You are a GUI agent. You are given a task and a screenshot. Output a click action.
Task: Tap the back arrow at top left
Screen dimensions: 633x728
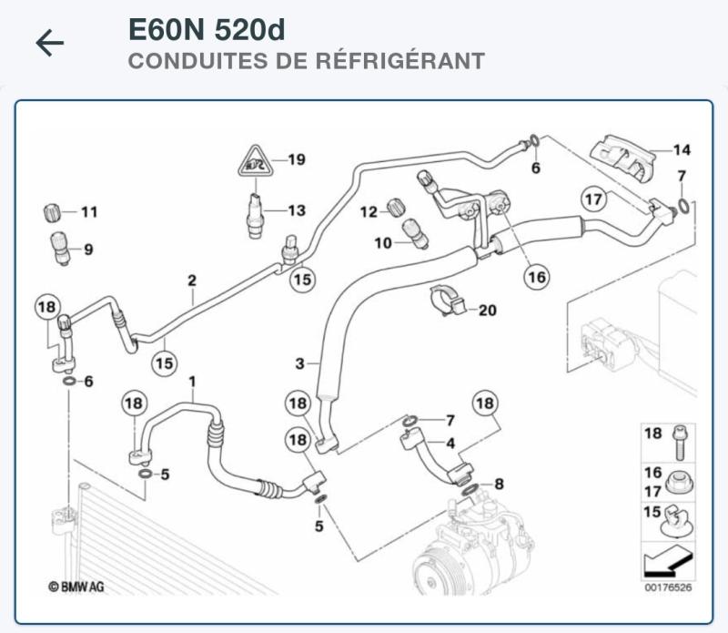coord(50,43)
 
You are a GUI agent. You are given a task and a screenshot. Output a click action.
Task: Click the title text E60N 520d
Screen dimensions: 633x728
coord(207,30)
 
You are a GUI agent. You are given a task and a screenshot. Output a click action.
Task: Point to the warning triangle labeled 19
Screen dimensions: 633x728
coord(256,163)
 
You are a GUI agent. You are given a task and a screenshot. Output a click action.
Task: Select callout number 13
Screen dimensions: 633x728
coord(297,210)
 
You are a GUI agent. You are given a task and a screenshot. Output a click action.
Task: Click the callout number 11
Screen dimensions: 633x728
coord(88,212)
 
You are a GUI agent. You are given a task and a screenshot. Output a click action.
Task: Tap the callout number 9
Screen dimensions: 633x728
coord(88,249)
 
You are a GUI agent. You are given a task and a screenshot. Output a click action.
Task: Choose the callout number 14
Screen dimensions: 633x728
coord(682,149)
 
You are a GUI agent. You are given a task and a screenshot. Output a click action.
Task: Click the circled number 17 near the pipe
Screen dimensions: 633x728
coord(593,199)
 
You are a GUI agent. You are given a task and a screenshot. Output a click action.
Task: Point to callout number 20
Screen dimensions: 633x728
coord(488,311)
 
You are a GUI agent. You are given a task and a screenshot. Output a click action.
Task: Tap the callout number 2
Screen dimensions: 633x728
coord(192,281)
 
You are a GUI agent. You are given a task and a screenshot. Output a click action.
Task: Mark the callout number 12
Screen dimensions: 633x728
coord(368,212)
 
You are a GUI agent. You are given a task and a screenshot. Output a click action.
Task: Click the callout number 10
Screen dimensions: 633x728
coord(383,242)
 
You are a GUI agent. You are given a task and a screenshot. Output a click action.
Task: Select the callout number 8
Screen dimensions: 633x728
coord(498,484)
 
